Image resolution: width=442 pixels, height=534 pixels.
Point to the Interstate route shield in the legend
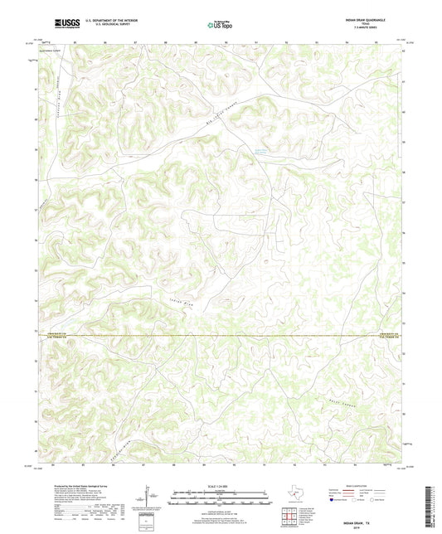coord(334,500)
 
